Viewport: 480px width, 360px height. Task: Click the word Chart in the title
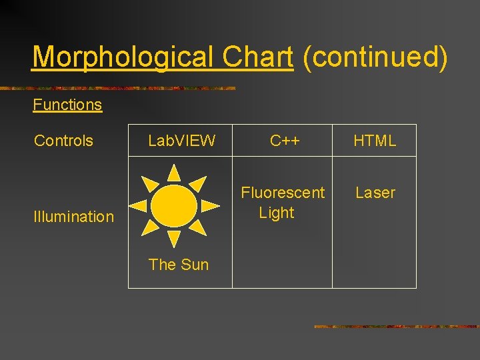257,57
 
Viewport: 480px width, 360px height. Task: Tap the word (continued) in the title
375,57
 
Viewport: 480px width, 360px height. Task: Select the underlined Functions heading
67,105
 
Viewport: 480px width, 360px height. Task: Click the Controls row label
64,141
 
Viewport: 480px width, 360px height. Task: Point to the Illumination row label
74,216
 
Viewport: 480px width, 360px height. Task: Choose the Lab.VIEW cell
181,141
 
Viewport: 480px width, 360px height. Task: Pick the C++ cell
285,141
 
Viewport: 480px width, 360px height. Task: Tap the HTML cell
375,141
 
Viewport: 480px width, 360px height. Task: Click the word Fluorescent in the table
283,193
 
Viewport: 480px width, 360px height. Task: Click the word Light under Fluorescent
277,213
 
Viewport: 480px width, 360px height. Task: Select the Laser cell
375,193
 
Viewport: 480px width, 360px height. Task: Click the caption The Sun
179,265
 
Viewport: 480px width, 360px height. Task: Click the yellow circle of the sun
174,206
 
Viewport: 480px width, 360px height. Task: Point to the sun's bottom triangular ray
174,238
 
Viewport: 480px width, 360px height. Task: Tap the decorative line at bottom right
396,327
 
